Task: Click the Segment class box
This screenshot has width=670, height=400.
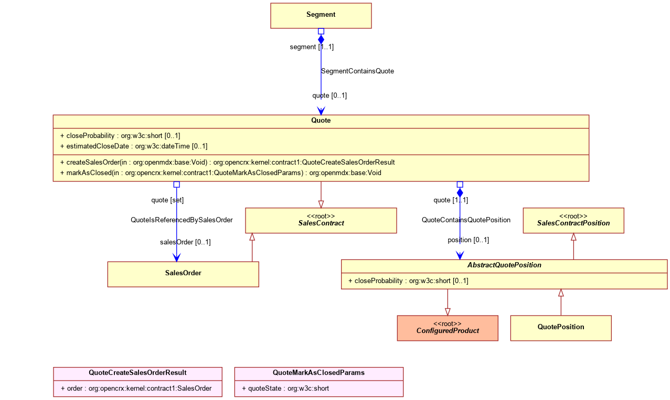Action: click(321, 16)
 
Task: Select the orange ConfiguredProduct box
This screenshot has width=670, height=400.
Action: click(448, 328)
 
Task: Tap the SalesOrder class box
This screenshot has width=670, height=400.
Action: click(183, 274)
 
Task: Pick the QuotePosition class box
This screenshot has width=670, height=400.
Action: click(561, 328)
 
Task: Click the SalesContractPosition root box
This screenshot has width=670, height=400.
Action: click(573, 220)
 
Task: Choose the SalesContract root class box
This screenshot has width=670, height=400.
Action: click(321, 220)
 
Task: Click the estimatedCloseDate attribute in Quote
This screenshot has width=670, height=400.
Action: click(134, 146)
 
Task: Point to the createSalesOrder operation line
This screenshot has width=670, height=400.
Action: click(227, 163)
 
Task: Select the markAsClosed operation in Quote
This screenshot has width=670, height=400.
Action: click(221, 173)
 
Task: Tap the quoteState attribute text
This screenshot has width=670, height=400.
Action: click(285, 388)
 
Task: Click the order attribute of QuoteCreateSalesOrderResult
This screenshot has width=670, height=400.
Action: click(136, 388)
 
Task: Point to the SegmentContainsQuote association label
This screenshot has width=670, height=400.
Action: click(357, 71)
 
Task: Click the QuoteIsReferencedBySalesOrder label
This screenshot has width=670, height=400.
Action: click(182, 220)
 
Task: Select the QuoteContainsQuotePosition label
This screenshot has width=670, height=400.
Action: click(466, 220)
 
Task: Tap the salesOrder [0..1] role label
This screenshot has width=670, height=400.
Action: click(185, 242)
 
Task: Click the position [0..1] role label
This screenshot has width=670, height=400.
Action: click(468, 240)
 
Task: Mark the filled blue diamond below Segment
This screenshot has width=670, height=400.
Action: click(321, 39)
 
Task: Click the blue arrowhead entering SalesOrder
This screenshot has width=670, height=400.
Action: click(176, 257)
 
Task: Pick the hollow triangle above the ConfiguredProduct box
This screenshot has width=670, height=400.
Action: click(448, 312)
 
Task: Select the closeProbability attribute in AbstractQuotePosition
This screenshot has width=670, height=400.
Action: click(408, 280)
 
